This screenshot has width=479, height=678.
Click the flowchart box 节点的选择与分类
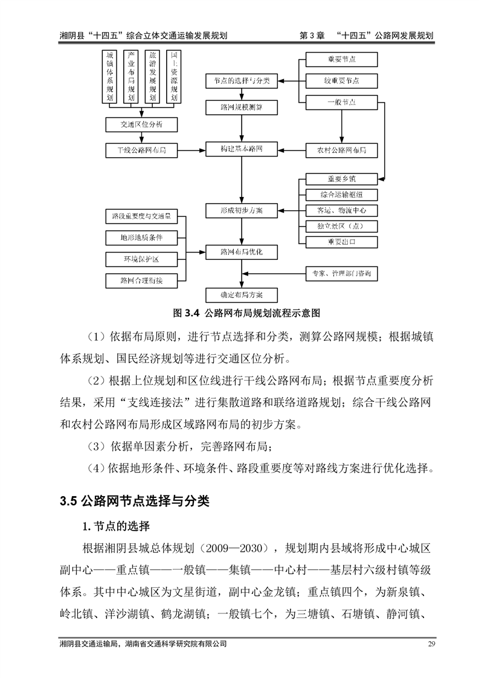pos(242,80)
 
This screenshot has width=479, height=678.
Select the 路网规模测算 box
pos(242,107)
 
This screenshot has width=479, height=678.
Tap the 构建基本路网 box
pos(242,149)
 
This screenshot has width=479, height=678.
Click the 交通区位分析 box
pos(141,124)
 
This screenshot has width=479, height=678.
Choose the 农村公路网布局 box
pos(341,149)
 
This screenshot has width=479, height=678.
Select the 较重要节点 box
pos(341,80)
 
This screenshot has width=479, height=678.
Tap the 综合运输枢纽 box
pos(341,195)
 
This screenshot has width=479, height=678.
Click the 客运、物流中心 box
pos(341,210)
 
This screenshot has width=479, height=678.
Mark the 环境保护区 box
pos(141,259)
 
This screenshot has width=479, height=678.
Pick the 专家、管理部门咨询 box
pos(341,274)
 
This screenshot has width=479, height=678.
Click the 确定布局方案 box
pos(242,294)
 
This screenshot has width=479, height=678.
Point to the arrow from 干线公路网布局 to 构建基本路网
pos(192,149)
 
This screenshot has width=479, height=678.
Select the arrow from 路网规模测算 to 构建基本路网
pos(242,128)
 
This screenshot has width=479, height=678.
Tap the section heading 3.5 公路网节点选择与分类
pos(134,500)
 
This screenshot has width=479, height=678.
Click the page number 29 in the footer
pos(431,661)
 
